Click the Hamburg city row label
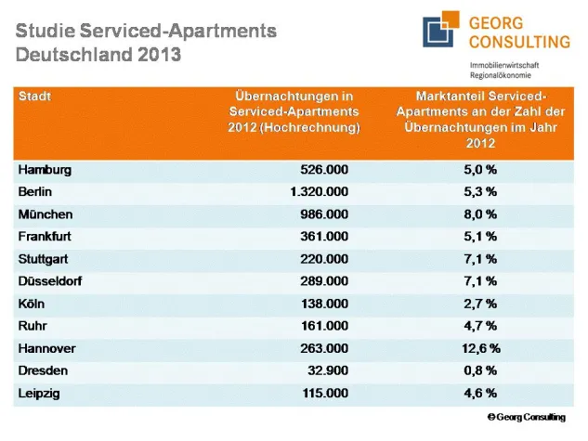pos(45,170)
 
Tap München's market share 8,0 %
pos(480,214)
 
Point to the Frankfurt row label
pos(45,237)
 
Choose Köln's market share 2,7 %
pos(480,304)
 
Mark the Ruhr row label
pos(33,326)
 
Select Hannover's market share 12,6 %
pos(480,348)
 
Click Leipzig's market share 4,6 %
pos(480,394)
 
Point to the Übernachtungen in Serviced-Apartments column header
pos(294,111)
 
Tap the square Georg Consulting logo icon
pos(442,32)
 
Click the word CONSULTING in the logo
pos(519,42)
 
